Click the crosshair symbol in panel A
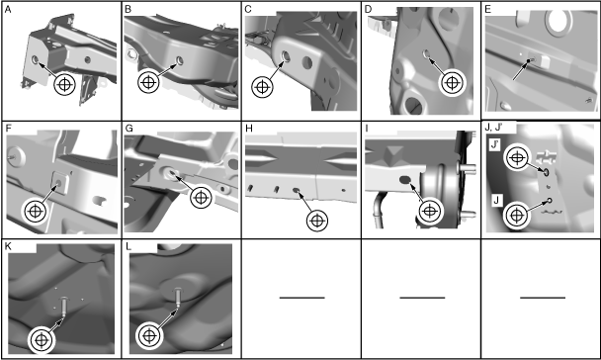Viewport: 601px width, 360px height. pyautogui.click(x=64, y=84)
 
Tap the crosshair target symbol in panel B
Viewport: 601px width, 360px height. pyautogui.click(x=148, y=82)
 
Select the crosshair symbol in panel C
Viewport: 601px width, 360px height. pyautogui.click(x=262, y=87)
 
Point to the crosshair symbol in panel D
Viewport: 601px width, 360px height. pyautogui.click(x=453, y=82)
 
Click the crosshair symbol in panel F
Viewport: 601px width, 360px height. pyautogui.click(x=36, y=211)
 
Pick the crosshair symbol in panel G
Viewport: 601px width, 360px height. pyautogui.click(x=201, y=198)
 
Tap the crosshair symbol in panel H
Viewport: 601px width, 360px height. pyautogui.click(x=317, y=221)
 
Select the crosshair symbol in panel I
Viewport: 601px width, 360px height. pyautogui.click(x=430, y=211)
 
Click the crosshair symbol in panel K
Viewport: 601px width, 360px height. pyautogui.click(x=42, y=340)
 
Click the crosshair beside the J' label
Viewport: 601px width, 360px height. pyautogui.click(x=517, y=157)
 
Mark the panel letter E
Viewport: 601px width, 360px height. pyautogui.click(x=488, y=10)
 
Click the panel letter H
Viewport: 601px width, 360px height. pyautogui.click(x=249, y=129)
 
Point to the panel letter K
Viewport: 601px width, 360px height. pyautogui.click(x=8, y=246)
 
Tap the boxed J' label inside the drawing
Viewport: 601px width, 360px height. pyautogui.click(x=495, y=144)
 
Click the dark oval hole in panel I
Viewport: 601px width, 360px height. pyautogui.click(x=405, y=179)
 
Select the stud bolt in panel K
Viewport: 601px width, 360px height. pyautogui.click(x=64, y=306)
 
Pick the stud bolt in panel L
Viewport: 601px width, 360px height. pyautogui.click(x=178, y=297)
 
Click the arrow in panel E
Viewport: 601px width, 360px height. pyautogui.click(x=522, y=70)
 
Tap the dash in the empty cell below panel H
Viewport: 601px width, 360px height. pyautogui.click(x=302, y=298)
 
